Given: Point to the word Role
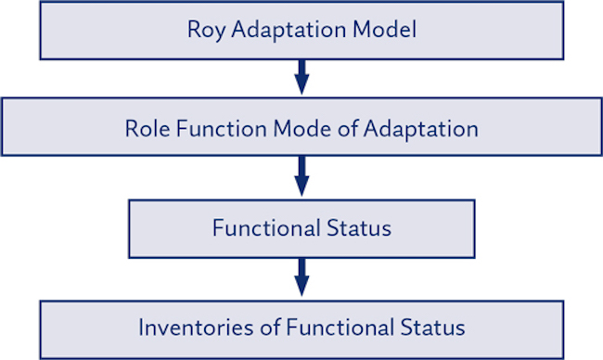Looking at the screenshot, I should pos(147,128).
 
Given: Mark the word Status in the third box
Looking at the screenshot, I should pos(359,228).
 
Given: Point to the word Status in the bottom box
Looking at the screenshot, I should pos(426,328).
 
